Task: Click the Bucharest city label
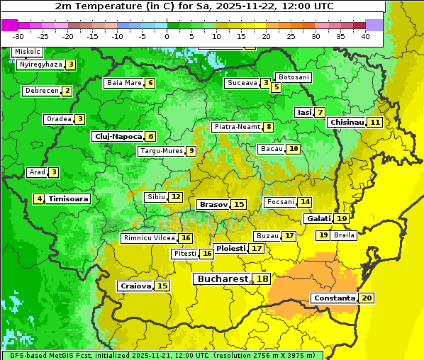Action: pos(223,279)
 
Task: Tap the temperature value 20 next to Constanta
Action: pos(367,298)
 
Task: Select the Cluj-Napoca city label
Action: pos(117,137)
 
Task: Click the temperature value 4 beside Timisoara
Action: pos(40,199)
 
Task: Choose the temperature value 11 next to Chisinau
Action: pos(375,123)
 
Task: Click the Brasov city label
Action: pos(213,205)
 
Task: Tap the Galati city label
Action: pos(318,219)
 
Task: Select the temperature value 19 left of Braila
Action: pos(323,235)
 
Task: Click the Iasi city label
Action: pos(304,113)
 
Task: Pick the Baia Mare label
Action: pos(123,83)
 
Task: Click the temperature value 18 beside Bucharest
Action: pos(262,279)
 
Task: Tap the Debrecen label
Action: pos(41,91)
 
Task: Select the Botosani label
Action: pos(294,77)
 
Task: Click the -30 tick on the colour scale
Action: pos(18,36)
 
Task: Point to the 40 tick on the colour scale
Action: pos(365,36)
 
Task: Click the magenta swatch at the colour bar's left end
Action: pos(9,25)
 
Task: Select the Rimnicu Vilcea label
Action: pos(148,238)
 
